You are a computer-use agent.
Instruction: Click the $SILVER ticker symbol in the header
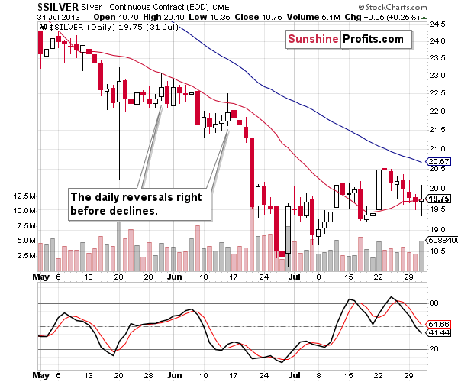[x=24, y=6]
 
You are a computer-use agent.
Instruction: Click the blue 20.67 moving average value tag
[x=437, y=162]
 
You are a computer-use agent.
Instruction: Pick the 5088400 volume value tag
[x=440, y=240]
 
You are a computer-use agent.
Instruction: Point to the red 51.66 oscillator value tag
[x=437, y=325]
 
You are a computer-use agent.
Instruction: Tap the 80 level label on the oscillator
[x=432, y=303]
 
